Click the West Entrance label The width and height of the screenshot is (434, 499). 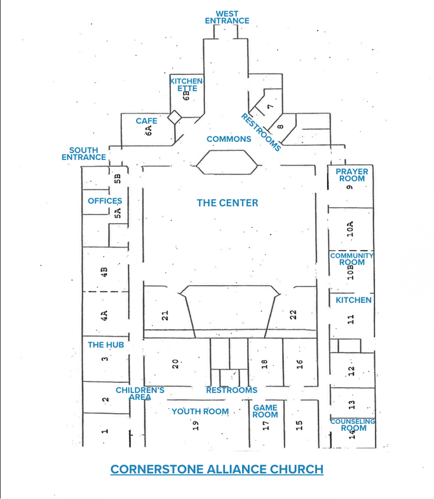point(227,17)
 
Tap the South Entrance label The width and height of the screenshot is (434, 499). point(84,153)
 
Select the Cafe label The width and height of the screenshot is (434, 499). point(146,121)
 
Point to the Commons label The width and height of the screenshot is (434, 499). point(229,139)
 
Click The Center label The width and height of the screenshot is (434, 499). point(227,202)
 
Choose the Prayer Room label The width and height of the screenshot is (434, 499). point(352,175)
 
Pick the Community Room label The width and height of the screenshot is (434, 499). point(352,258)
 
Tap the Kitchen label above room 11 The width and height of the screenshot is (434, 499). point(353,300)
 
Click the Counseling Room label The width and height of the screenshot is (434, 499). point(353,425)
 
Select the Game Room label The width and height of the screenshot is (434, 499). point(266,411)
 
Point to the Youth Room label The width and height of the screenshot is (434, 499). point(200,411)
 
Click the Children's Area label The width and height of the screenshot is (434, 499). point(140,393)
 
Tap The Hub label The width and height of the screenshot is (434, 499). point(105,345)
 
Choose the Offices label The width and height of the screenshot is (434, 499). point(105,201)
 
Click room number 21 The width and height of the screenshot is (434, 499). point(165,316)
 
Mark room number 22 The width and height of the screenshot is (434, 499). point(293,314)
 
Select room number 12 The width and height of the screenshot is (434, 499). point(351,370)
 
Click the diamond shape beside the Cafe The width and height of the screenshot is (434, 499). point(174,117)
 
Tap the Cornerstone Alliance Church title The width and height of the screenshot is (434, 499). point(217,470)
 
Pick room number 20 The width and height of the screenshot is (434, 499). point(175,364)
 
